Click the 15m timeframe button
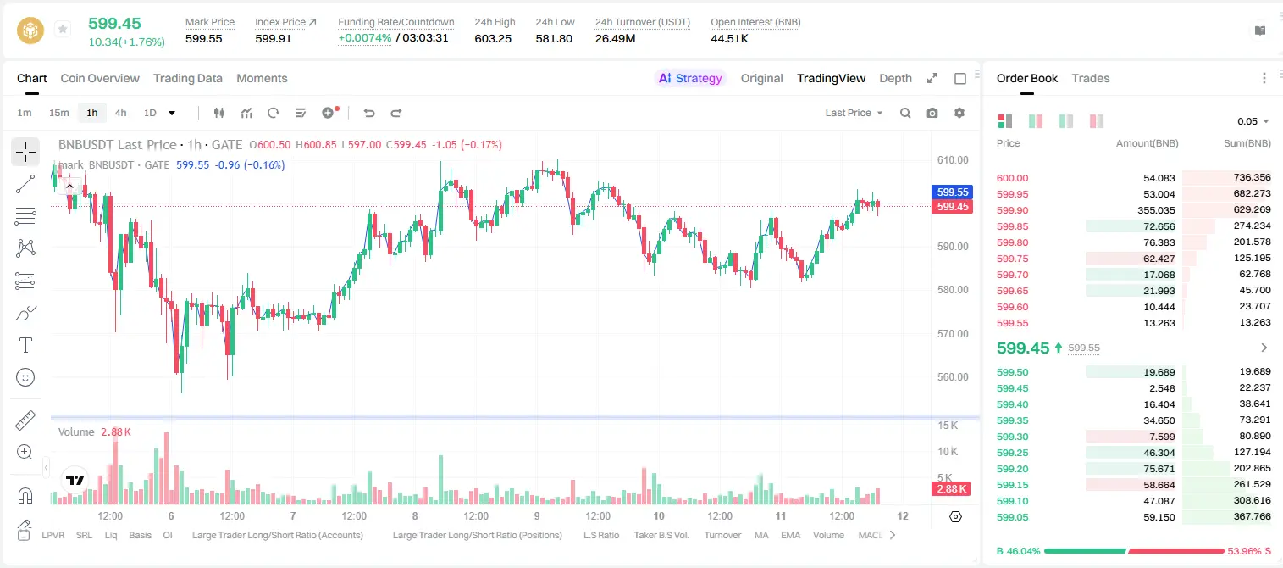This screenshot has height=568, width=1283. [x=59, y=113]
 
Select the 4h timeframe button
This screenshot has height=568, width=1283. [x=120, y=113]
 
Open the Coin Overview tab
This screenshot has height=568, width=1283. [x=100, y=78]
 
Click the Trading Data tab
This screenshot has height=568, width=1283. [x=187, y=78]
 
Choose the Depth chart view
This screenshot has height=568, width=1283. [x=895, y=78]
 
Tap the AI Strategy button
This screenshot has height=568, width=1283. [x=690, y=78]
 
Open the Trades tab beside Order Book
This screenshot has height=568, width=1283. [x=1091, y=78]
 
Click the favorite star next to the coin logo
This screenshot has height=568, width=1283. [x=63, y=29]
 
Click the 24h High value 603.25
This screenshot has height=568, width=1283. [x=493, y=38]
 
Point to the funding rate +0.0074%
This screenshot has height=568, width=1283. [x=364, y=38]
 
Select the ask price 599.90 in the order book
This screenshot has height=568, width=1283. [x=1012, y=210]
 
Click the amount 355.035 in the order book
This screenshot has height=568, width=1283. [x=1156, y=210]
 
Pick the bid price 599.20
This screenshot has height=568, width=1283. [x=1012, y=469]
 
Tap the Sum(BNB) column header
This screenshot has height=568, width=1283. [x=1247, y=143]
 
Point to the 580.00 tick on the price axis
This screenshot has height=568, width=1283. [x=953, y=290]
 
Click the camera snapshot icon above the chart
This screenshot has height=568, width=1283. [x=932, y=113]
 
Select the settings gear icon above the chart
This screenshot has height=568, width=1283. [x=959, y=113]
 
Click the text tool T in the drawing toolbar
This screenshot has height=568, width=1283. [x=25, y=345]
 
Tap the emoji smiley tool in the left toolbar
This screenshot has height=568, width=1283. [x=25, y=377]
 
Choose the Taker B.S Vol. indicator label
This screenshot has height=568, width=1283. [x=661, y=535]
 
